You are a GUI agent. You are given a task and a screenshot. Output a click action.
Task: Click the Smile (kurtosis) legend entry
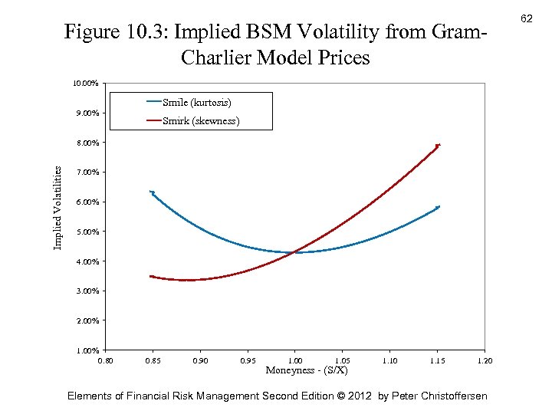(x=196, y=102)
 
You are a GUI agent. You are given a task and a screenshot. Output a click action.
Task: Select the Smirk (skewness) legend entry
(x=200, y=121)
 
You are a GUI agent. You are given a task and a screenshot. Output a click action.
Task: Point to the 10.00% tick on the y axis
(x=86, y=83)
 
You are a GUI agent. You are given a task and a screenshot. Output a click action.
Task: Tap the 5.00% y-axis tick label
(x=86, y=232)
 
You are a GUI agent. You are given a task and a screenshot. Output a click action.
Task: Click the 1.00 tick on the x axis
(x=294, y=360)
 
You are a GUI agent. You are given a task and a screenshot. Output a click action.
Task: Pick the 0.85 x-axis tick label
(x=153, y=360)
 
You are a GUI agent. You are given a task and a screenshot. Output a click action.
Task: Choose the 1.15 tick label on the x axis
(x=437, y=360)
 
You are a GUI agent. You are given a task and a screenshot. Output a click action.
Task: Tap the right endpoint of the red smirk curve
(x=438, y=145)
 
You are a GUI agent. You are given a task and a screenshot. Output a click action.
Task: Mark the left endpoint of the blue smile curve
(x=152, y=192)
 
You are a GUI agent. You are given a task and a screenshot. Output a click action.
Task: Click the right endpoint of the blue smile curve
(x=438, y=207)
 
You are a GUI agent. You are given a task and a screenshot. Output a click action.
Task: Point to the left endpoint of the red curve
(x=152, y=276)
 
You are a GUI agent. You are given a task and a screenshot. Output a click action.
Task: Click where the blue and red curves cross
(x=294, y=252)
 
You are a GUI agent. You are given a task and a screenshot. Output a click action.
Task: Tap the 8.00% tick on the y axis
(x=86, y=143)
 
